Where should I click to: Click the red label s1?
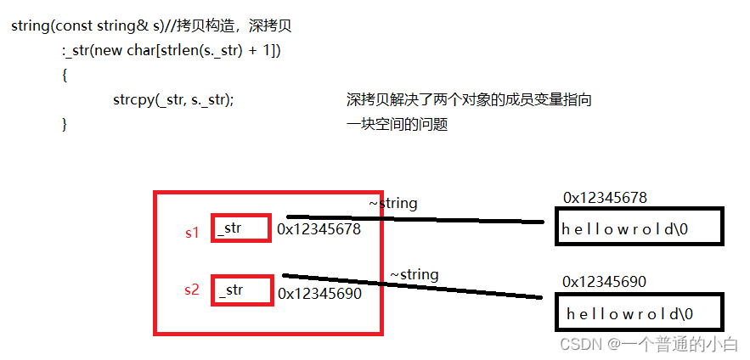coord(192,232)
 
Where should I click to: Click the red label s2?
coord(192,290)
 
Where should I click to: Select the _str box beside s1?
coord(241,228)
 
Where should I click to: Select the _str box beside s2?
coord(242,290)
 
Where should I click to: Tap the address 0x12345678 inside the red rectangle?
coord(319,229)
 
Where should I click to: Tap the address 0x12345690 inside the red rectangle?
coord(319,294)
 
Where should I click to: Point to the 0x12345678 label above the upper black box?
coord(605,198)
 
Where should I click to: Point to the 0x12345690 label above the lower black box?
coord(605,281)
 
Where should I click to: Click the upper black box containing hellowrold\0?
coord(639,228)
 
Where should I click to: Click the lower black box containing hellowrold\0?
coord(639,312)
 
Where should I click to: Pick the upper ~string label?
coord(392,204)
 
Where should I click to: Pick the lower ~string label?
coord(414,275)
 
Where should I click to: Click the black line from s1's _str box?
coord(416,219)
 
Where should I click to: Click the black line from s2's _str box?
coord(416,286)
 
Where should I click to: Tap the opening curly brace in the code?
coord(65,76)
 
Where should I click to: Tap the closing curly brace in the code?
coord(65,125)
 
